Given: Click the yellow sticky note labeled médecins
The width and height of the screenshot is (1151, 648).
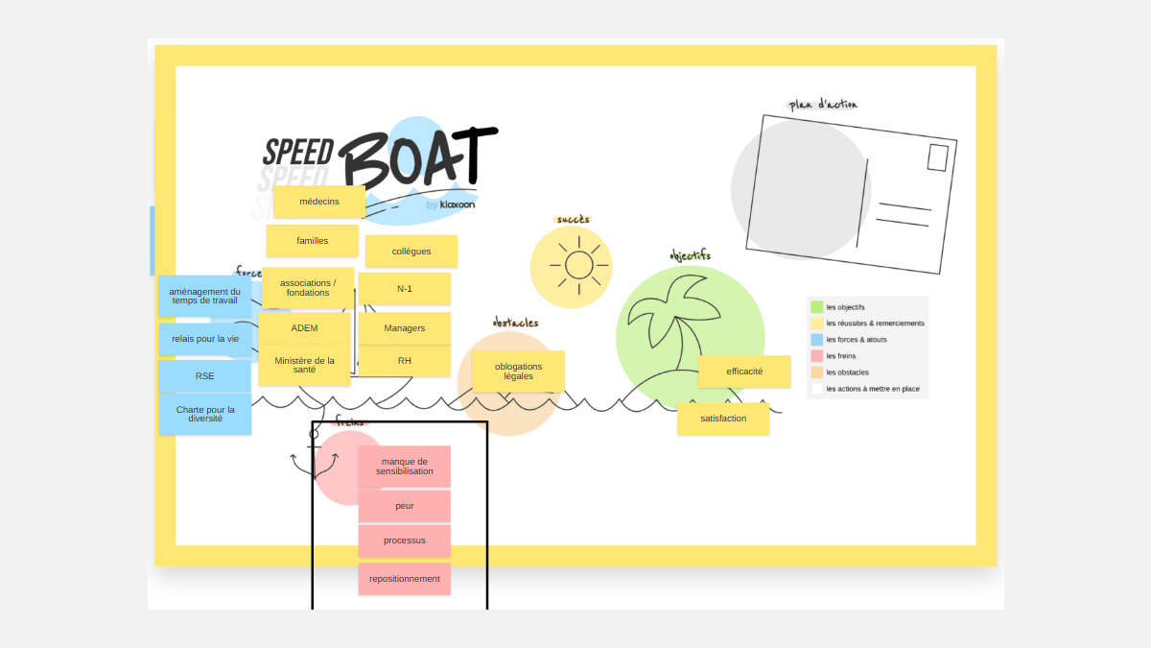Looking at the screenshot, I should tap(319, 202).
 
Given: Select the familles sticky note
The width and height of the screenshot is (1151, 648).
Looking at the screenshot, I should tap(313, 241).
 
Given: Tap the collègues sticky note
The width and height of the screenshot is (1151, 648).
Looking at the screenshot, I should tap(411, 252).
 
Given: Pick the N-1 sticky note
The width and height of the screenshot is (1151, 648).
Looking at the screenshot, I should tap(405, 289).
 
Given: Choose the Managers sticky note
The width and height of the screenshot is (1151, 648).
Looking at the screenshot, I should tap(405, 328).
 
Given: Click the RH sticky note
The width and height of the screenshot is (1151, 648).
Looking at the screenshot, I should tap(405, 361).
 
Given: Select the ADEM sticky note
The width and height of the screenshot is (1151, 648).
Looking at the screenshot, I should tap(305, 328).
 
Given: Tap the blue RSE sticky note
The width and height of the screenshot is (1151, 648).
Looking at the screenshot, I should tap(205, 376).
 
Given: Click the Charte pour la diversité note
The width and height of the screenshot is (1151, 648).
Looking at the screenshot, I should tap(205, 414).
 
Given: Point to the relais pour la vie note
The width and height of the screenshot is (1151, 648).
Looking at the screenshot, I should tap(205, 339).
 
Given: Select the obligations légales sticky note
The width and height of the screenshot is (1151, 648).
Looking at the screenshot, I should tap(519, 371).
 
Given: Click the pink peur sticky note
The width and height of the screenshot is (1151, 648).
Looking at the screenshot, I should tap(405, 506).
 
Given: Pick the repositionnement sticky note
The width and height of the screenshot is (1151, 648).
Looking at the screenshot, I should tap(405, 579).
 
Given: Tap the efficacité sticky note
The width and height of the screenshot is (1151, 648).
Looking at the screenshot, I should tap(744, 372).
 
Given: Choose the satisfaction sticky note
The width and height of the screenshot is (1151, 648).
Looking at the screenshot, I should tap(723, 419).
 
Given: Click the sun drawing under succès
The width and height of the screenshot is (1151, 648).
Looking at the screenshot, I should tap(578, 265).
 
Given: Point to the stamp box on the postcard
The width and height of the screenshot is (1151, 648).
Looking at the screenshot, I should tap(937, 157).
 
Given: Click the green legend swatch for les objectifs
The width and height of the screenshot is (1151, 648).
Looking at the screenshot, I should tap(817, 307).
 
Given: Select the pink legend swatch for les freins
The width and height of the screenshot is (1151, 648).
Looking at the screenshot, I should tap(817, 356).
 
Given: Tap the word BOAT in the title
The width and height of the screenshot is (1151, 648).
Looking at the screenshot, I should tap(417, 156).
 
